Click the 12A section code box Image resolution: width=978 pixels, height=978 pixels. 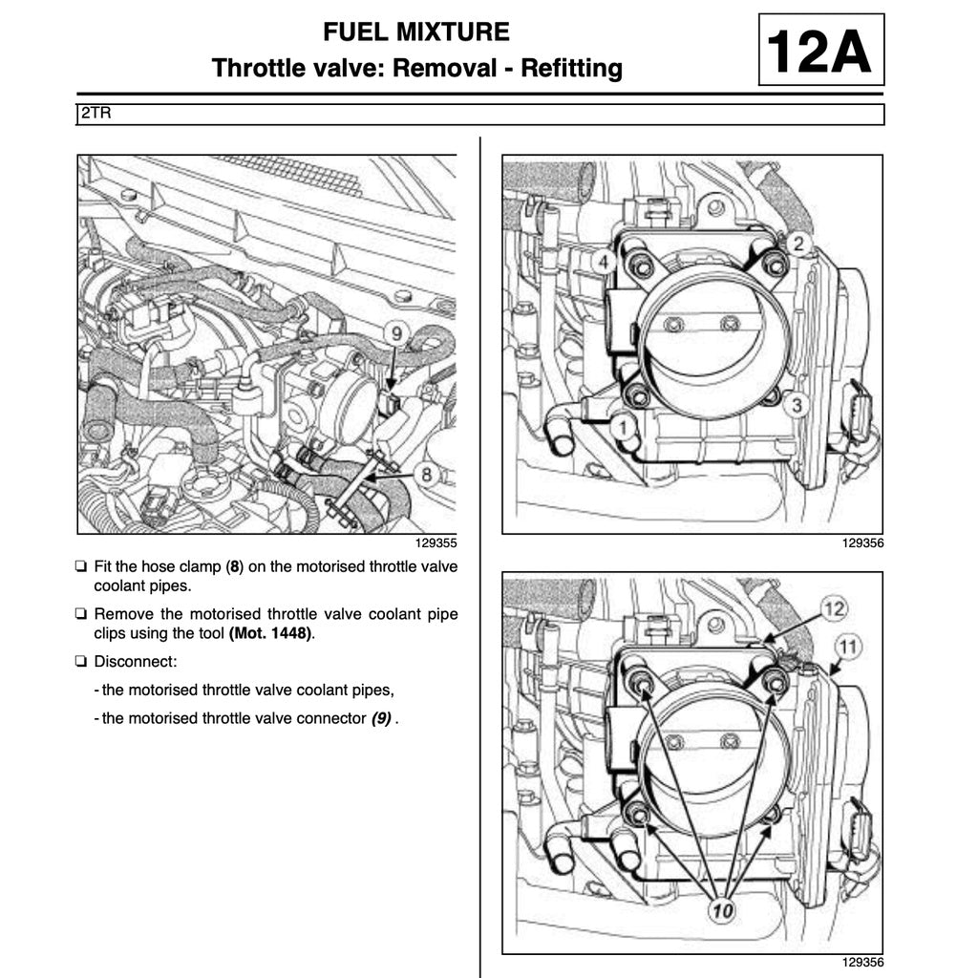[x=820, y=52]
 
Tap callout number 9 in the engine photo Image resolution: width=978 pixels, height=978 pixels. [x=395, y=334]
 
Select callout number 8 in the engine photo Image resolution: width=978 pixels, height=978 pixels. [x=427, y=473]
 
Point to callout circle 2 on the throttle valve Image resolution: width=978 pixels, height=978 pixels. [x=800, y=244]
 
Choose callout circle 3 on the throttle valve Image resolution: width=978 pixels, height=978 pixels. [x=797, y=405]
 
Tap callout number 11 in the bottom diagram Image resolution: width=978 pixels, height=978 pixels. [x=846, y=647]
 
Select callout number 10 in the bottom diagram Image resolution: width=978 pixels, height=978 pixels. [x=722, y=911]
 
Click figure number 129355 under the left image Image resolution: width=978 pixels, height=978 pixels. [x=436, y=543]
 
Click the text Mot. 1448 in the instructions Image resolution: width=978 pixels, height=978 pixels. [x=271, y=633]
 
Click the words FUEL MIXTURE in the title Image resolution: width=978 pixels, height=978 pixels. [x=416, y=32]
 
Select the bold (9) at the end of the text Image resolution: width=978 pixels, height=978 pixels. [x=381, y=718]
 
